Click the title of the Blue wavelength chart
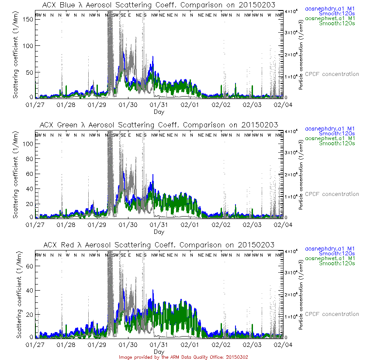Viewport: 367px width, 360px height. (x=159, y=5)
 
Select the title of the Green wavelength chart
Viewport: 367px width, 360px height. (x=159, y=125)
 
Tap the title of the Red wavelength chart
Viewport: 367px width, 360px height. (x=159, y=245)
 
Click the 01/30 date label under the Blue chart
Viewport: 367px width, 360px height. (x=128, y=105)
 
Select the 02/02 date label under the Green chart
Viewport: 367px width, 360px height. (x=222, y=224)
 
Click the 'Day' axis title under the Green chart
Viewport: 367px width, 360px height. (x=159, y=231)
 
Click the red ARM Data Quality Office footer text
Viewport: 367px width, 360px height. (x=183, y=357)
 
